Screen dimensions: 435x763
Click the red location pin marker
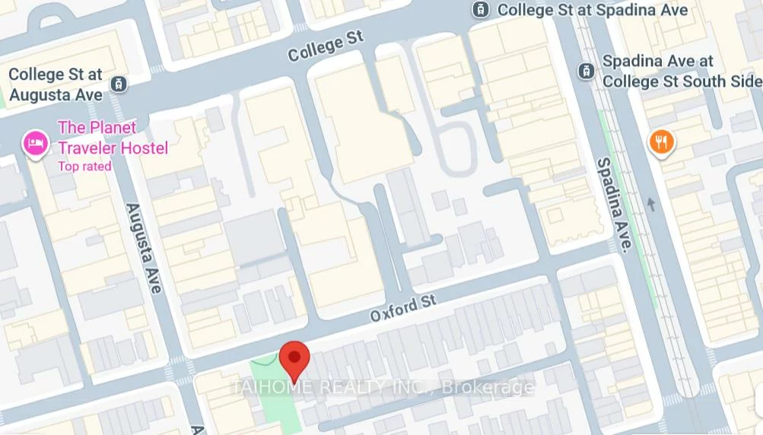pos(294,357)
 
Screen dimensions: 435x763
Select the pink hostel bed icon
pos(35,142)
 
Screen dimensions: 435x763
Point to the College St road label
pos(326,46)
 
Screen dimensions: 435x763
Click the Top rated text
pos(85,166)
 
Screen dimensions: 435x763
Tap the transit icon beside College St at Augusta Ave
pos(118,84)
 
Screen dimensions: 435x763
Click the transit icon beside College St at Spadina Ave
pos(480,10)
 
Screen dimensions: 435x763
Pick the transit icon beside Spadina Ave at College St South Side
pos(586,71)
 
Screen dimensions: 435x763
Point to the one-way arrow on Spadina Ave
pos(650,204)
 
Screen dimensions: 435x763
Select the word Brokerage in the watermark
pos(488,387)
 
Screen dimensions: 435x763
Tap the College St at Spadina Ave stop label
pos(592,10)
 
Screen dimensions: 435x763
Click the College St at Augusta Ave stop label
pos(55,84)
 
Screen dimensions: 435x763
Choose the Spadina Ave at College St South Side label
pos(681,71)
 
